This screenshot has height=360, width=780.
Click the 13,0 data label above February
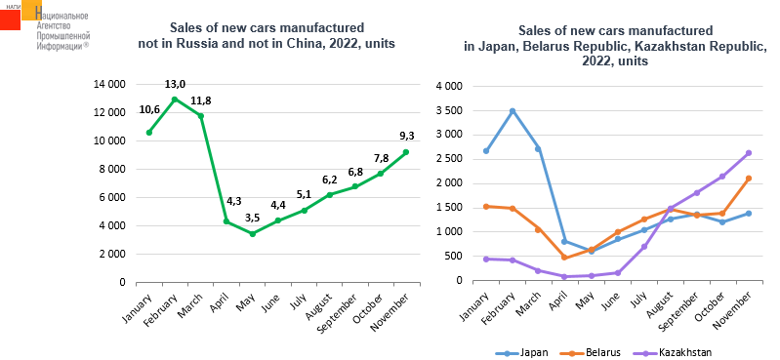click(x=175, y=85)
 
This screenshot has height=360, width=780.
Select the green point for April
click(x=226, y=220)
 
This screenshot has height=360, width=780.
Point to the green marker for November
click(x=406, y=151)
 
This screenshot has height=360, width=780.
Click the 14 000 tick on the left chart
click(x=109, y=85)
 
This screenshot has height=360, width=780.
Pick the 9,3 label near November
click(x=406, y=135)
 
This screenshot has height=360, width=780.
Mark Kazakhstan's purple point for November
click(x=749, y=153)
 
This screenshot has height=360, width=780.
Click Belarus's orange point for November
click(x=749, y=178)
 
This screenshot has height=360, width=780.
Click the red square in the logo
click(x=10, y=20)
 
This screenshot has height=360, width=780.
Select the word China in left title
click(x=303, y=43)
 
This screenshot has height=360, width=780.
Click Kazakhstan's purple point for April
click(x=564, y=276)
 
